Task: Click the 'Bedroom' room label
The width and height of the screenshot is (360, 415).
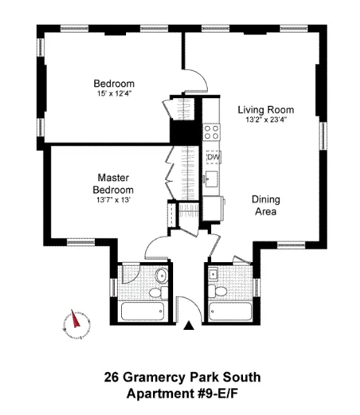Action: pyautogui.click(x=114, y=83)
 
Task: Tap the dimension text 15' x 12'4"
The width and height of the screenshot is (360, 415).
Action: pyautogui.click(x=114, y=93)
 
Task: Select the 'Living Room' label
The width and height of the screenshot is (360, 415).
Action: pyautogui.click(x=266, y=109)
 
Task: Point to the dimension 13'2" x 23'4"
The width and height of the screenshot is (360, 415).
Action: pyautogui.click(x=266, y=119)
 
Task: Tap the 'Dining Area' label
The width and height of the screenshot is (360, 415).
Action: pyautogui.click(x=263, y=205)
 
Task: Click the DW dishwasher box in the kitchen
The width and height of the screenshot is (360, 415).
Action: pyautogui.click(x=213, y=157)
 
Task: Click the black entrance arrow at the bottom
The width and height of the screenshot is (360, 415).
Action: pyautogui.click(x=188, y=325)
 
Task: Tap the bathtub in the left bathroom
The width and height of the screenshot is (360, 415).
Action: pyautogui.click(x=144, y=310)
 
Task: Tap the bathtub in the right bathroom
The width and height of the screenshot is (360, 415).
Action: pyautogui.click(x=231, y=310)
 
